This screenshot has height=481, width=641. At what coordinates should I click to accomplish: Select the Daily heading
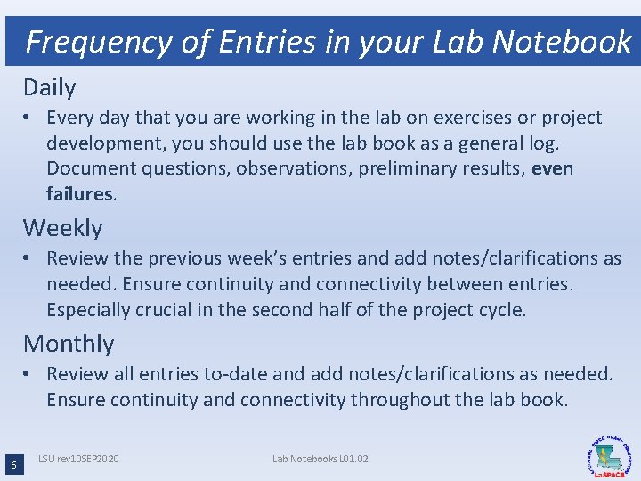click(50, 87)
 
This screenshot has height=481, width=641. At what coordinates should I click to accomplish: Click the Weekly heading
click(62, 228)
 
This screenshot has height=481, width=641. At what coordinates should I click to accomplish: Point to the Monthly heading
click(69, 344)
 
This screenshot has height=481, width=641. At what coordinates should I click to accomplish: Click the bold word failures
click(79, 193)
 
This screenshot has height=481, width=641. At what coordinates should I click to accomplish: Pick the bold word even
click(552, 168)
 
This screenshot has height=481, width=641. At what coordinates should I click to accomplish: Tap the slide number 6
click(12, 465)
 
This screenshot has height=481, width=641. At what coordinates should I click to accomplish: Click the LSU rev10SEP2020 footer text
click(78, 459)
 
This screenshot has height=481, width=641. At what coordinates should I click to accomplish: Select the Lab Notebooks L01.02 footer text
click(320, 459)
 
